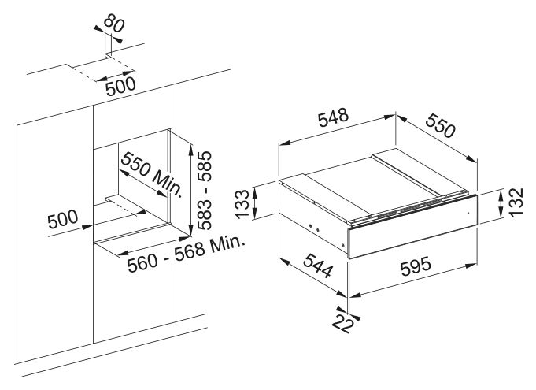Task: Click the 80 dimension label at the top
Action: [114, 24]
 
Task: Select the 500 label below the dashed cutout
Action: [120, 86]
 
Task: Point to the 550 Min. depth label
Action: [151, 174]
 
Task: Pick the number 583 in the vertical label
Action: [205, 214]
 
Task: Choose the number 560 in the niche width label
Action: [142, 264]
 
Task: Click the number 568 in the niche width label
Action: [190, 251]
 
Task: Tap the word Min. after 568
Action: [228, 243]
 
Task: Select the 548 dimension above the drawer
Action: [333, 117]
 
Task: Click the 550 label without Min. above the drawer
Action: [441, 126]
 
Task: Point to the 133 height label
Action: [242, 204]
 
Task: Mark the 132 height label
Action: [516, 202]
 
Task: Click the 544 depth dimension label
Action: [318, 266]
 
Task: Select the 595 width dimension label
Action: [416, 266]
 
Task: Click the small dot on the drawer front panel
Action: [468, 214]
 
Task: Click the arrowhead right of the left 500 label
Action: [87, 226]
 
